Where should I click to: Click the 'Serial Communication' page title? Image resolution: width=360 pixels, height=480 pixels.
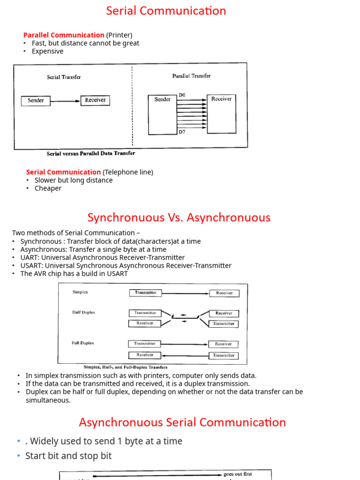click(x=166, y=11)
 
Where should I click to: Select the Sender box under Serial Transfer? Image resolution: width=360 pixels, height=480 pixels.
click(x=36, y=101)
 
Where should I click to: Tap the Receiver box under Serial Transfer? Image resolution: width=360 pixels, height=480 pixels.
click(x=95, y=100)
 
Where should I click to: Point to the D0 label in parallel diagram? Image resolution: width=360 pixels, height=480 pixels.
click(x=182, y=95)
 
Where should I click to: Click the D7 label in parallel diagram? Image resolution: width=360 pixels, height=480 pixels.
click(x=182, y=132)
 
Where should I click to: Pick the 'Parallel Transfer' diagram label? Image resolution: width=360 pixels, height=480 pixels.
click(x=191, y=76)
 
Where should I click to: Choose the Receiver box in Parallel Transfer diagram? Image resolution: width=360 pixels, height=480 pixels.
click(x=221, y=113)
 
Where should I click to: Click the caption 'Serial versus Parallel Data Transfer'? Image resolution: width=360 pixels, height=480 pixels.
click(x=91, y=153)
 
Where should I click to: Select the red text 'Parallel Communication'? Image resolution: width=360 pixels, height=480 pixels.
click(x=64, y=35)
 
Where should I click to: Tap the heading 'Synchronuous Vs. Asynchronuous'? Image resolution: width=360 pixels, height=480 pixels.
click(x=179, y=217)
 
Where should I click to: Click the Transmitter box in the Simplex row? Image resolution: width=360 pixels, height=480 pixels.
click(x=145, y=292)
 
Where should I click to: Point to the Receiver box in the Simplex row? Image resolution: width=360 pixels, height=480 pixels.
click(x=224, y=293)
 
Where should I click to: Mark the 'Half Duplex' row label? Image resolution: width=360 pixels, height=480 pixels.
click(x=83, y=312)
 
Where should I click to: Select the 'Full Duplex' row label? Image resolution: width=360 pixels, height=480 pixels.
click(x=82, y=343)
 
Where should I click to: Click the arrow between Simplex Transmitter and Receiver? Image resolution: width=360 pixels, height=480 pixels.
click(x=185, y=293)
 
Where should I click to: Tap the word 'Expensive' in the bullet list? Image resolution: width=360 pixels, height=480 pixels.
click(x=47, y=52)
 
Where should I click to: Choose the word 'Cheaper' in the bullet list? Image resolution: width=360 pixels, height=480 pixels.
click(x=48, y=188)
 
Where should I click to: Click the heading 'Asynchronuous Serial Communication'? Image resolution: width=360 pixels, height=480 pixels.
click(x=182, y=422)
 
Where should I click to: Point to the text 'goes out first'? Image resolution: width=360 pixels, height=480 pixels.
click(x=238, y=474)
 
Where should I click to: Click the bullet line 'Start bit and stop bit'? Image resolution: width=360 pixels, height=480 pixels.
click(x=68, y=456)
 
